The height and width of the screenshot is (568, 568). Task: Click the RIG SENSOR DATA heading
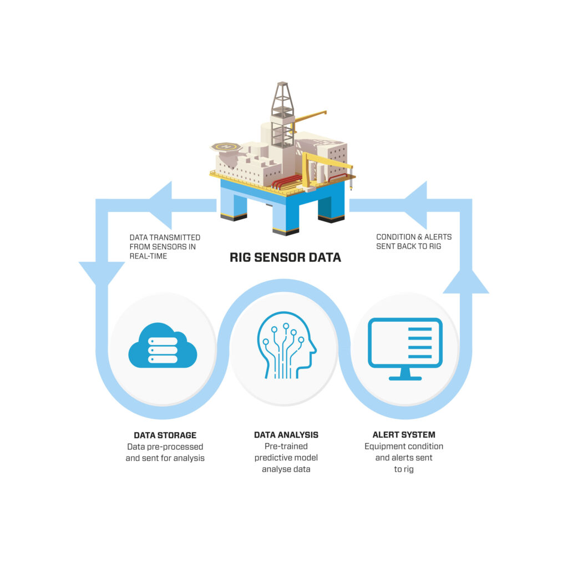pyautogui.click(x=285, y=257)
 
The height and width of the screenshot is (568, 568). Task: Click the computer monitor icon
pyautogui.click(x=405, y=344)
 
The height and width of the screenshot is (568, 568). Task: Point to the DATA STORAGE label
pyautogui.click(x=165, y=435)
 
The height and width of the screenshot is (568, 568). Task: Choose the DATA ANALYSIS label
pyautogui.click(x=286, y=435)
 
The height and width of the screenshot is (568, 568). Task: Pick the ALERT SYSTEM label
pyautogui.click(x=404, y=435)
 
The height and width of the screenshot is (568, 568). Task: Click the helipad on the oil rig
pyautogui.click(x=226, y=147)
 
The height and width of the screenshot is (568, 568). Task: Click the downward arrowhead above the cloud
pyautogui.click(x=102, y=272)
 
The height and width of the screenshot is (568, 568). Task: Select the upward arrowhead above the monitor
pyautogui.click(x=465, y=280)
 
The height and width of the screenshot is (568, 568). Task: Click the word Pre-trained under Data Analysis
pyautogui.click(x=286, y=447)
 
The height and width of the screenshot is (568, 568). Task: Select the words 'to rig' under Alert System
pyautogui.click(x=404, y=469)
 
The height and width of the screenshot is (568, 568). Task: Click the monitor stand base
pyautogui.click(x=405, y=377)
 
